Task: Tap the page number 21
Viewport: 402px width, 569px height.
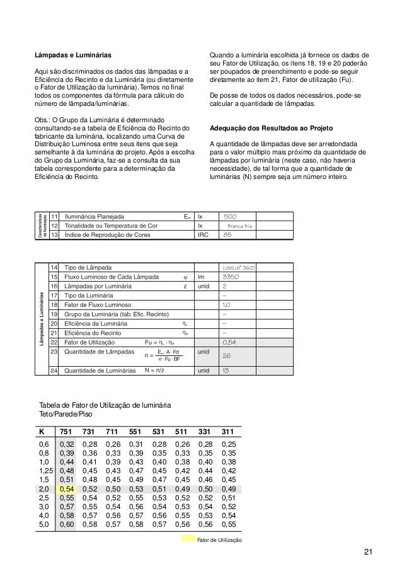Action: click(x=368, y=553)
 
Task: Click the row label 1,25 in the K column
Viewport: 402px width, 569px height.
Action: click(x=44, y=469)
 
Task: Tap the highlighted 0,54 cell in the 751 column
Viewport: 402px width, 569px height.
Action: click(x=66, y=488)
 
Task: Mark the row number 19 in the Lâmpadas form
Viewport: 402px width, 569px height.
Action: click(x=54, y=313)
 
